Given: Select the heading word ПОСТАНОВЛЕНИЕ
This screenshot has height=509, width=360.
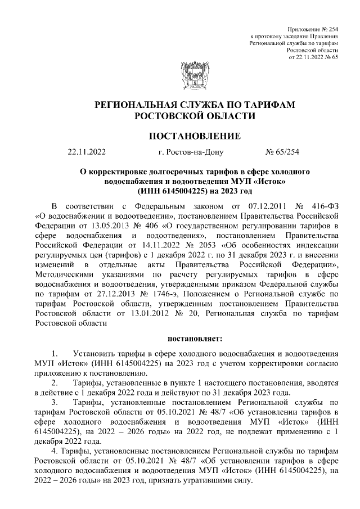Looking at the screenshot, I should (195, 136).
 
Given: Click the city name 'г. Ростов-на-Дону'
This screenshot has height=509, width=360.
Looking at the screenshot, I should (192, 151).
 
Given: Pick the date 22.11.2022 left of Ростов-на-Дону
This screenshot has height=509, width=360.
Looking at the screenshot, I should (87, 151).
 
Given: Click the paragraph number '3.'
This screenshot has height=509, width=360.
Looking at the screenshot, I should (55, 403).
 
